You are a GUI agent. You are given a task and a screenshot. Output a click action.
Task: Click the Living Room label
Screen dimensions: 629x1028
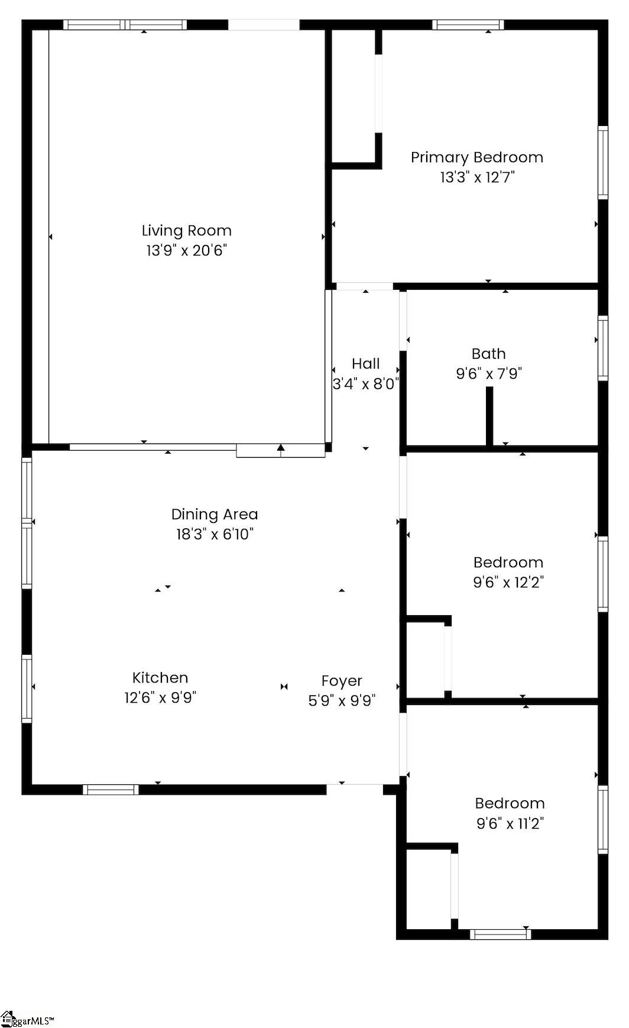point(186,231)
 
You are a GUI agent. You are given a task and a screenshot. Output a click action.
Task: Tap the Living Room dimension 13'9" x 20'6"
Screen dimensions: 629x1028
point(187,250)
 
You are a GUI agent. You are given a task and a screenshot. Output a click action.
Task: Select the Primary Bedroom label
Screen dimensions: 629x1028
point(477,157)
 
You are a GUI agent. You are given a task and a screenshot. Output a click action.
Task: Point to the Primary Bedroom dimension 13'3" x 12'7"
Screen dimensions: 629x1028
point(478,177)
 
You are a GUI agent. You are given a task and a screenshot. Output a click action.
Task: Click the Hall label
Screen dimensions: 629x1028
point(366,364)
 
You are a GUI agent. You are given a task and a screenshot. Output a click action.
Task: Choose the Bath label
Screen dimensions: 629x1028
point(489,354)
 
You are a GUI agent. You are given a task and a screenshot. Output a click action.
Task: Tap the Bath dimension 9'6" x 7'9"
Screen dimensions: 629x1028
point(489,374)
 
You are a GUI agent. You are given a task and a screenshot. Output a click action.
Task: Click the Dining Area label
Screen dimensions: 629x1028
point(215,515)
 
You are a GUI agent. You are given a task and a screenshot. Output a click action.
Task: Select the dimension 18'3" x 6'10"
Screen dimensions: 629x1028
point(215,534)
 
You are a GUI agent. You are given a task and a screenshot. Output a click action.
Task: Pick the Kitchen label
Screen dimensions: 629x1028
point(160,678)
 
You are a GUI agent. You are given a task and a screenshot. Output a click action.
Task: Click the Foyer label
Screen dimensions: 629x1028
point(342,681)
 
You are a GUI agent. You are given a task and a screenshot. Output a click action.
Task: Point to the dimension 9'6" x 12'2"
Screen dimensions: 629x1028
point(508,582)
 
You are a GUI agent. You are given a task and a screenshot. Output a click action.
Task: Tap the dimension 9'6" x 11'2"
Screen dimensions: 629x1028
point(510,823)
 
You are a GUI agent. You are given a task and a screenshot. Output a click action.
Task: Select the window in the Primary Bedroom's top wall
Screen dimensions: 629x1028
point(468,25)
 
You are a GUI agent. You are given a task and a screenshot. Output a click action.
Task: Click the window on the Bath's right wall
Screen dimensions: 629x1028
point(603,348)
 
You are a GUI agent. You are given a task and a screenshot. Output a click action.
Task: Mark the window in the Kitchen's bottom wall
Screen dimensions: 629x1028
point(111,789)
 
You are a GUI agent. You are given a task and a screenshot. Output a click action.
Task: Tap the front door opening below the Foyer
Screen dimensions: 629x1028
point(355,785)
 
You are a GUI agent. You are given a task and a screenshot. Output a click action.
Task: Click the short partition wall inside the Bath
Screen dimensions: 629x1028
point(489,416)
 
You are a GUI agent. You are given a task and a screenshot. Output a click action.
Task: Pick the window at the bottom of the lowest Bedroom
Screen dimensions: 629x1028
point(500,935)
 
